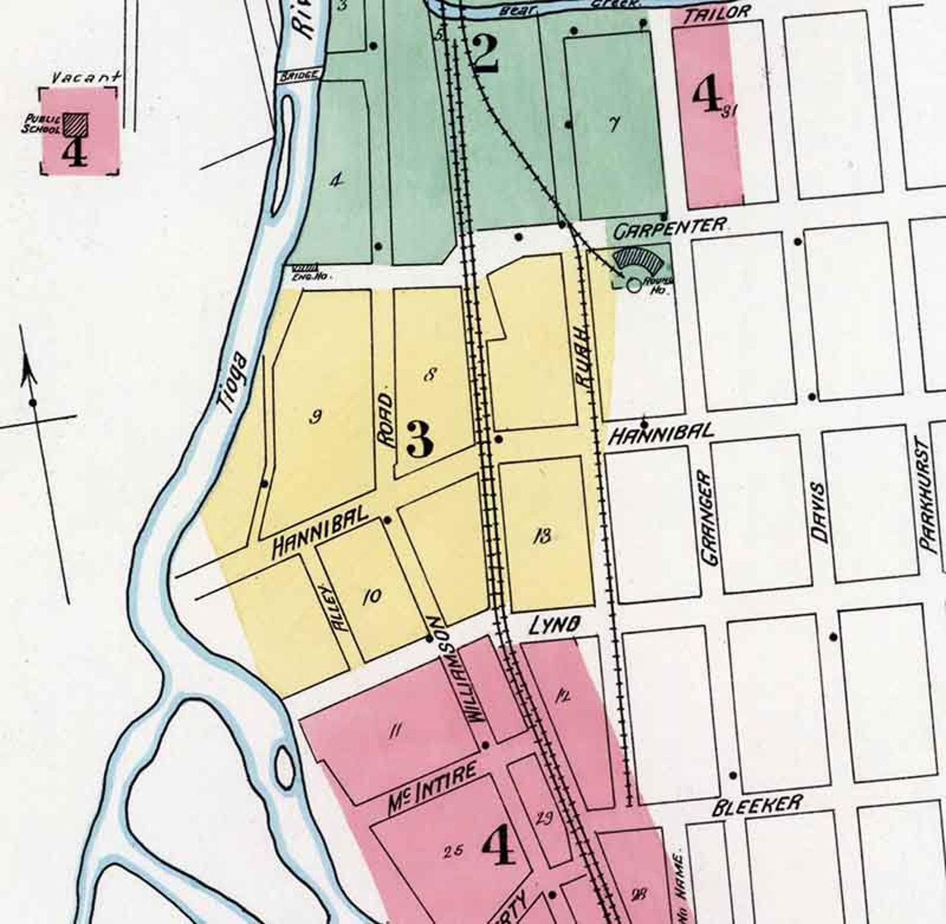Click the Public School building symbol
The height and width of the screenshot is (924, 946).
pos(76,123)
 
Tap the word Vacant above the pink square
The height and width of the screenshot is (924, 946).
pos(86,77)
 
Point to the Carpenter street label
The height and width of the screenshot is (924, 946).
pos(670,227)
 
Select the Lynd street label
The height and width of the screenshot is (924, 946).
pos(555,625)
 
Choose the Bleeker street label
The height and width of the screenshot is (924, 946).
pos(757,805)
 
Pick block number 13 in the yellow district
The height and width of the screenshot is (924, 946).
pos(543,536)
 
